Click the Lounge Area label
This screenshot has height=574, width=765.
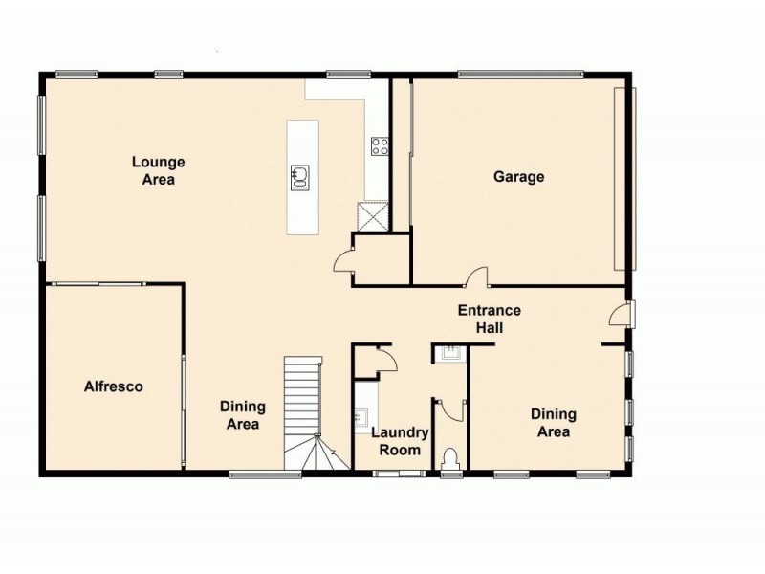(158, 170)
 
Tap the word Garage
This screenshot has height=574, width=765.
(518, 177)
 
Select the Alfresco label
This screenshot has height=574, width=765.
(113, 386)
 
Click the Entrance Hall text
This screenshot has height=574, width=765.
(489, 319)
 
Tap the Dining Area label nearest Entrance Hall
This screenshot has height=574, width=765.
(553, 423)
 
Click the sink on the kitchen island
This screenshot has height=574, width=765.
(300, 175)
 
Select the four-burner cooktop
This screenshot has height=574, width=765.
(379, 146)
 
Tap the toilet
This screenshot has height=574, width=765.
(450, 458)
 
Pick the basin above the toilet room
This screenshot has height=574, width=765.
(448, 355)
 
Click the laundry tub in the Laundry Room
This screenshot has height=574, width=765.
(362, 417)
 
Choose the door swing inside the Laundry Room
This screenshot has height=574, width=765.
(385, 360)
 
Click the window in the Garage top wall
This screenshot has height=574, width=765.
(520, 73)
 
